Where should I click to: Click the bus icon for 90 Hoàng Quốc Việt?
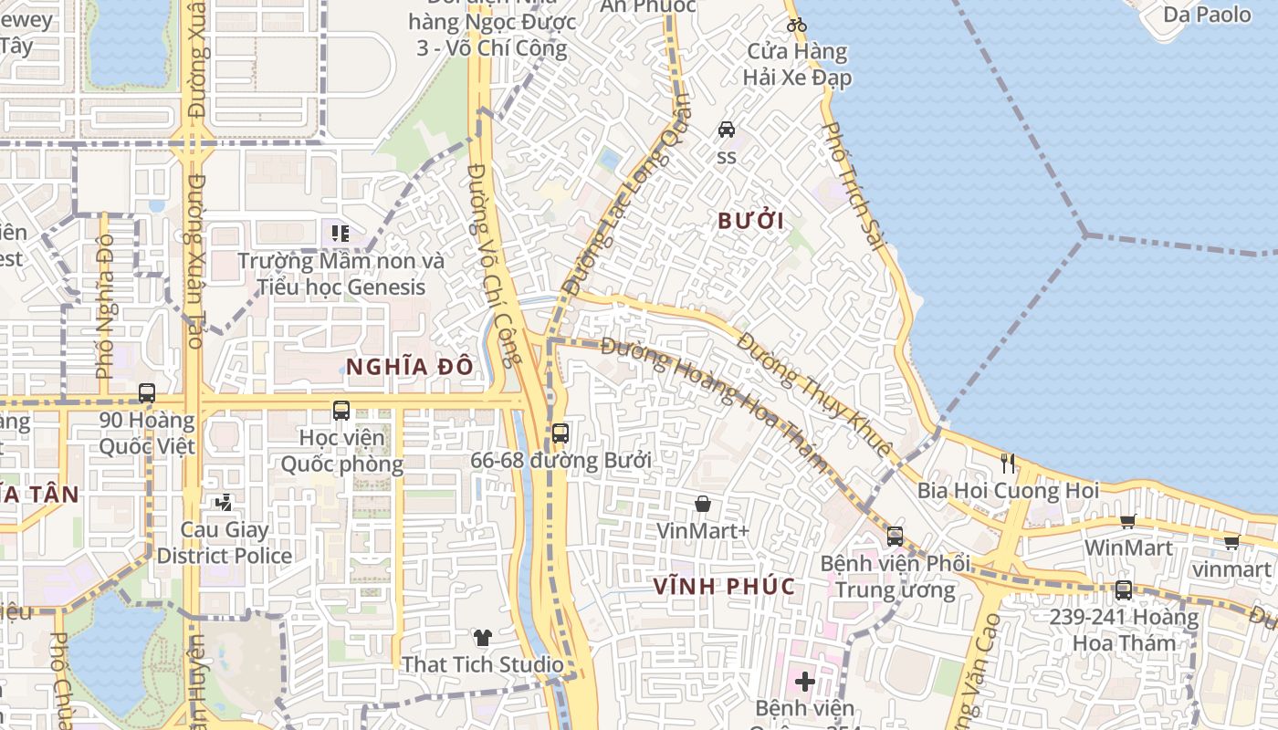click(x=147, y=393)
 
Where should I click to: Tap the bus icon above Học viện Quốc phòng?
click(x=341, y=411)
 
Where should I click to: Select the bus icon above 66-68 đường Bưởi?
click(x=560, y=433)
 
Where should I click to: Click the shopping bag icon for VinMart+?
click(x=703, y=504)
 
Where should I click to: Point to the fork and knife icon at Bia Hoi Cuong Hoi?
click(x=1008, y=463)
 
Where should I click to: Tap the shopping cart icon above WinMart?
click(x=1128, y=521)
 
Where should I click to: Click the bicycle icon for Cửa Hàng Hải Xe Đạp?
click(x=796, y=25)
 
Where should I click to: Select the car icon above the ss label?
click(x=727, y=130)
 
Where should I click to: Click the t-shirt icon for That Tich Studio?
click(x=483, y=638)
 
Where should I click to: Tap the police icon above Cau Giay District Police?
click(x=224, y=502)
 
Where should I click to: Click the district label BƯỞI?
click(x=751, y=221)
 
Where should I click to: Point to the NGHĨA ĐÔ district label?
click(x=410, y=367)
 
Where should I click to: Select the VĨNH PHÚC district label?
click(x=725, y=586)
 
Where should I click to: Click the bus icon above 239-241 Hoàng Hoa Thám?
click(x=1124, y=590)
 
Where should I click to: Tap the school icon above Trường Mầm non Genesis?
click(x=340, y=234)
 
